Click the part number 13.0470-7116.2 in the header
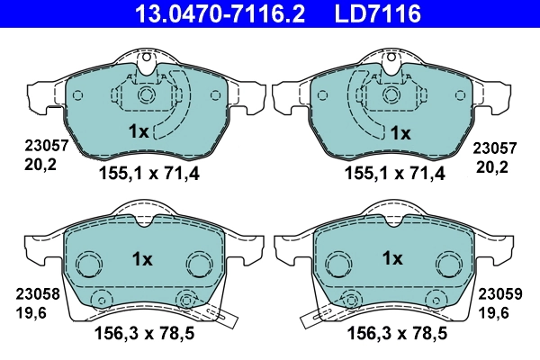pyautogui.click(x=209, y=13)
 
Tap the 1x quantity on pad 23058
pyautogui.click(x=142, y=258)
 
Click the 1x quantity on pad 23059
pyautogui.click(x=391, y=258)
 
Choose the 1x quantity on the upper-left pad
pyautogui.click(x=138, y=131)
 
